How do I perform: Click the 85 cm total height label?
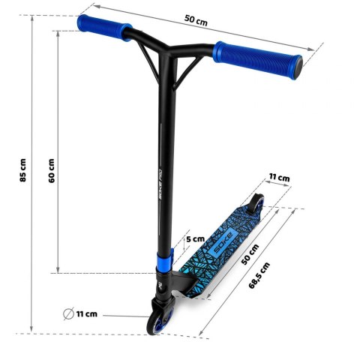[x=22, y=171]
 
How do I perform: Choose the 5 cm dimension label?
[x=194, y=238]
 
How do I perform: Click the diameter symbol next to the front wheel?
[x=68, y=313]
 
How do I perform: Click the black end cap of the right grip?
[x=300, y=70]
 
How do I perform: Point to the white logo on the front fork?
[x=160, y=288]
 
